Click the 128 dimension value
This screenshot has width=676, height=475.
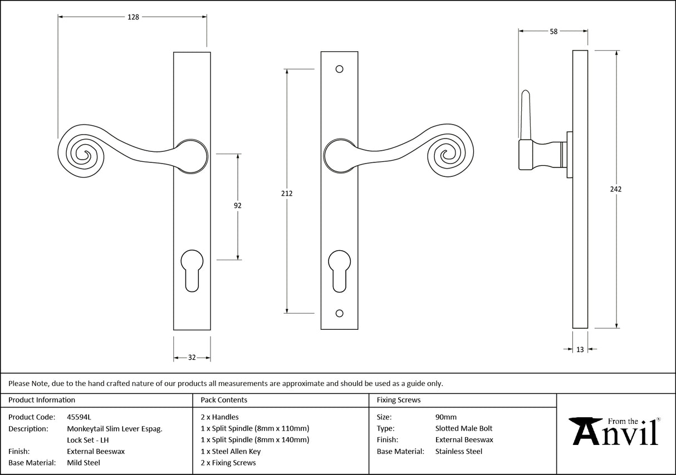[x=133, y=17]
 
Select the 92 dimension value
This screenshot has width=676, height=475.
[x=238, y=205]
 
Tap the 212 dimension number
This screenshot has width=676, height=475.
[x=287, y=194]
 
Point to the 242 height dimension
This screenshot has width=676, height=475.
[x=615, y=189]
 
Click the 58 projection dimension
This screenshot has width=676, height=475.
[x=553, y=32]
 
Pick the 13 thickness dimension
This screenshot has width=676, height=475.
[x=580, y=349]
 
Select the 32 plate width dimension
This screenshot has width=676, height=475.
[x=192, y=357]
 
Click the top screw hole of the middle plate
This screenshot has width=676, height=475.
[x=339, y=70]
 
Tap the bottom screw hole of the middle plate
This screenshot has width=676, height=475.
[x=339, y=313]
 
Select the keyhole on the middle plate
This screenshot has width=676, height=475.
[x=339, y=270]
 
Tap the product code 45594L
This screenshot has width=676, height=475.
[x=79, y=417]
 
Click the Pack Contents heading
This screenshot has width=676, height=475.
[x=224, y=400]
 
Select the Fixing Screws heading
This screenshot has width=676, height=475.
[x=399, y=400]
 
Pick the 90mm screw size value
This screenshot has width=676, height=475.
[x=445, y=417]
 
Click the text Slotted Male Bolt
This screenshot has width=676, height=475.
[x=463, y=428]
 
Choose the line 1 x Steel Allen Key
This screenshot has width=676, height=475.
[x=231, y=451]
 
